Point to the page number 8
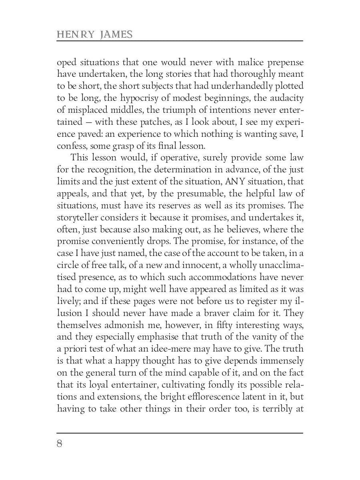pyautogui.click(x=60, y=444)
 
